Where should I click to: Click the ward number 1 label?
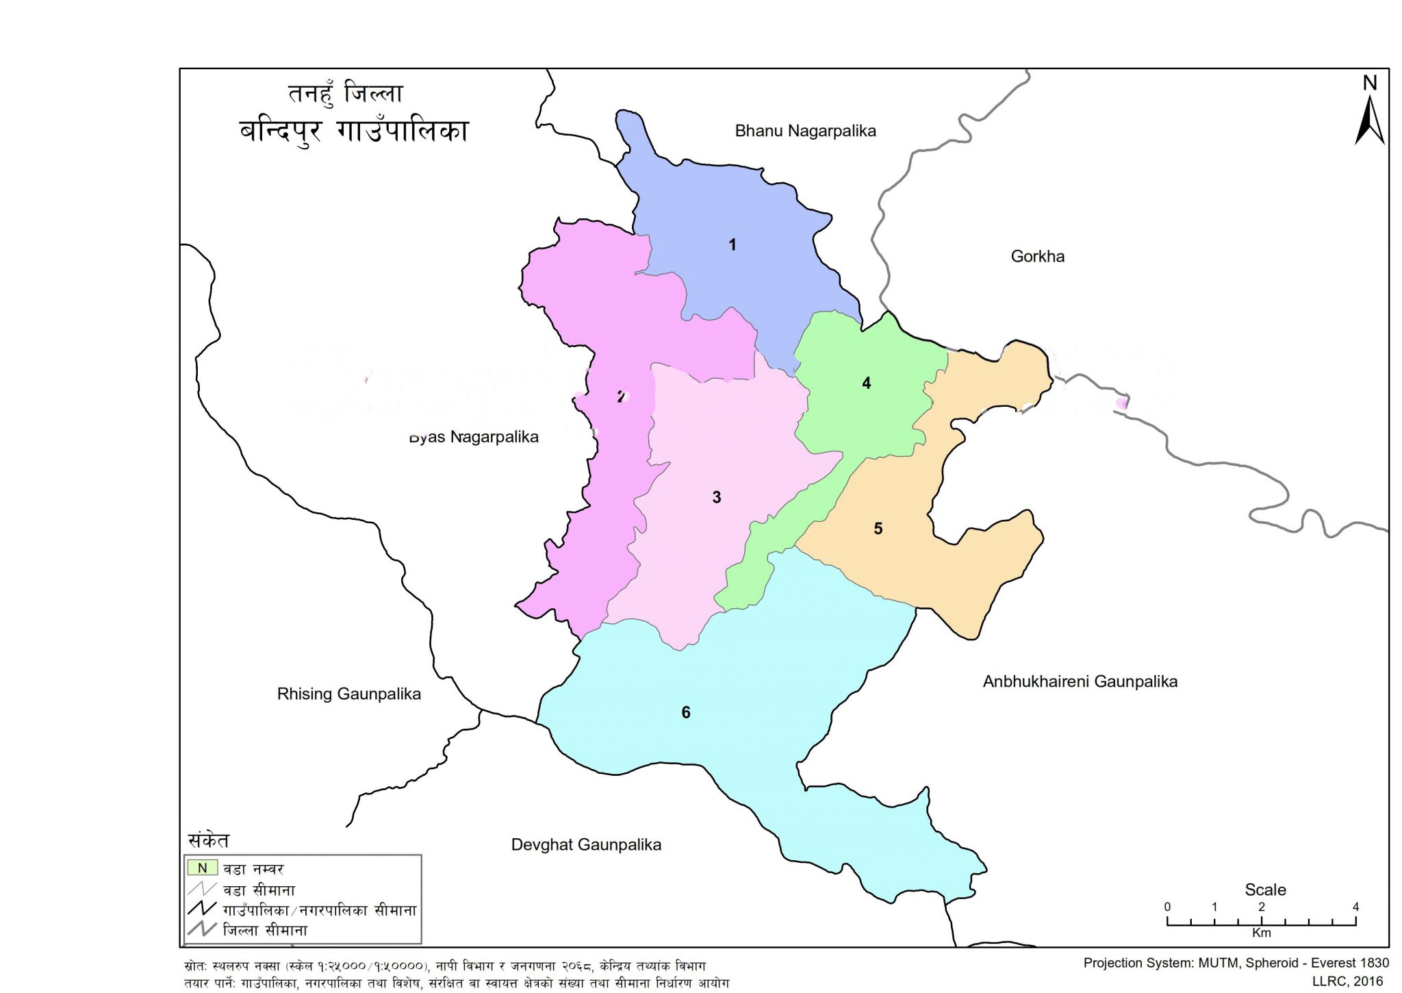pyautogui.click(x=732, y=244)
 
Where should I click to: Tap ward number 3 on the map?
pyautogui.click(x=716, y=497)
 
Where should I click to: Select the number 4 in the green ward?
pyautogui.click(x=866, y=383)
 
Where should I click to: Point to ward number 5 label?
pyautogui.click(x=878, y=529)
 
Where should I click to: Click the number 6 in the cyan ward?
pyautogui.click(x=685, y=713)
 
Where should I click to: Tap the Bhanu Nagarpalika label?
pyautogui.click(x=805, y=131)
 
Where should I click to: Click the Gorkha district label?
pyautogui.click(x=1037, y=256)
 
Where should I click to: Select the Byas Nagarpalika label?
pyautogui.click(x=474, y=437)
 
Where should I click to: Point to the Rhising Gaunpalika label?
pyautogui.click(x=348, y=694)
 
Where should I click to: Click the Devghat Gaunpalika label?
pyautogui.click(x=586, y=844)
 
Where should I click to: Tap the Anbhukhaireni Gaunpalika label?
pyautogui.click(x=1080, y=681)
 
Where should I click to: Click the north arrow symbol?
pyautogui.click(x=1369, y=120)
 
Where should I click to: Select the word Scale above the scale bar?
pyautogui.click(x=1265, y=890)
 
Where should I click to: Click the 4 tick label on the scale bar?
pyautogui.click(x=1355, y=907)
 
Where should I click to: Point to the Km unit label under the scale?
pyautogui.click(x=1261, y=933)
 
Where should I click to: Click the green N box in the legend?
pyautogui.click(x=203, y=868)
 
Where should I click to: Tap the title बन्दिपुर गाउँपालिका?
pyautogui.click(x=354, y=131)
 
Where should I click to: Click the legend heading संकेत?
pyautogui.click(x=209, y=840)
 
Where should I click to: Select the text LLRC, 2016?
pyautogui.click(x=1347, y=981)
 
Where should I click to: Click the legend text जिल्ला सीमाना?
pyautogui.click(x=265, y=930)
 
